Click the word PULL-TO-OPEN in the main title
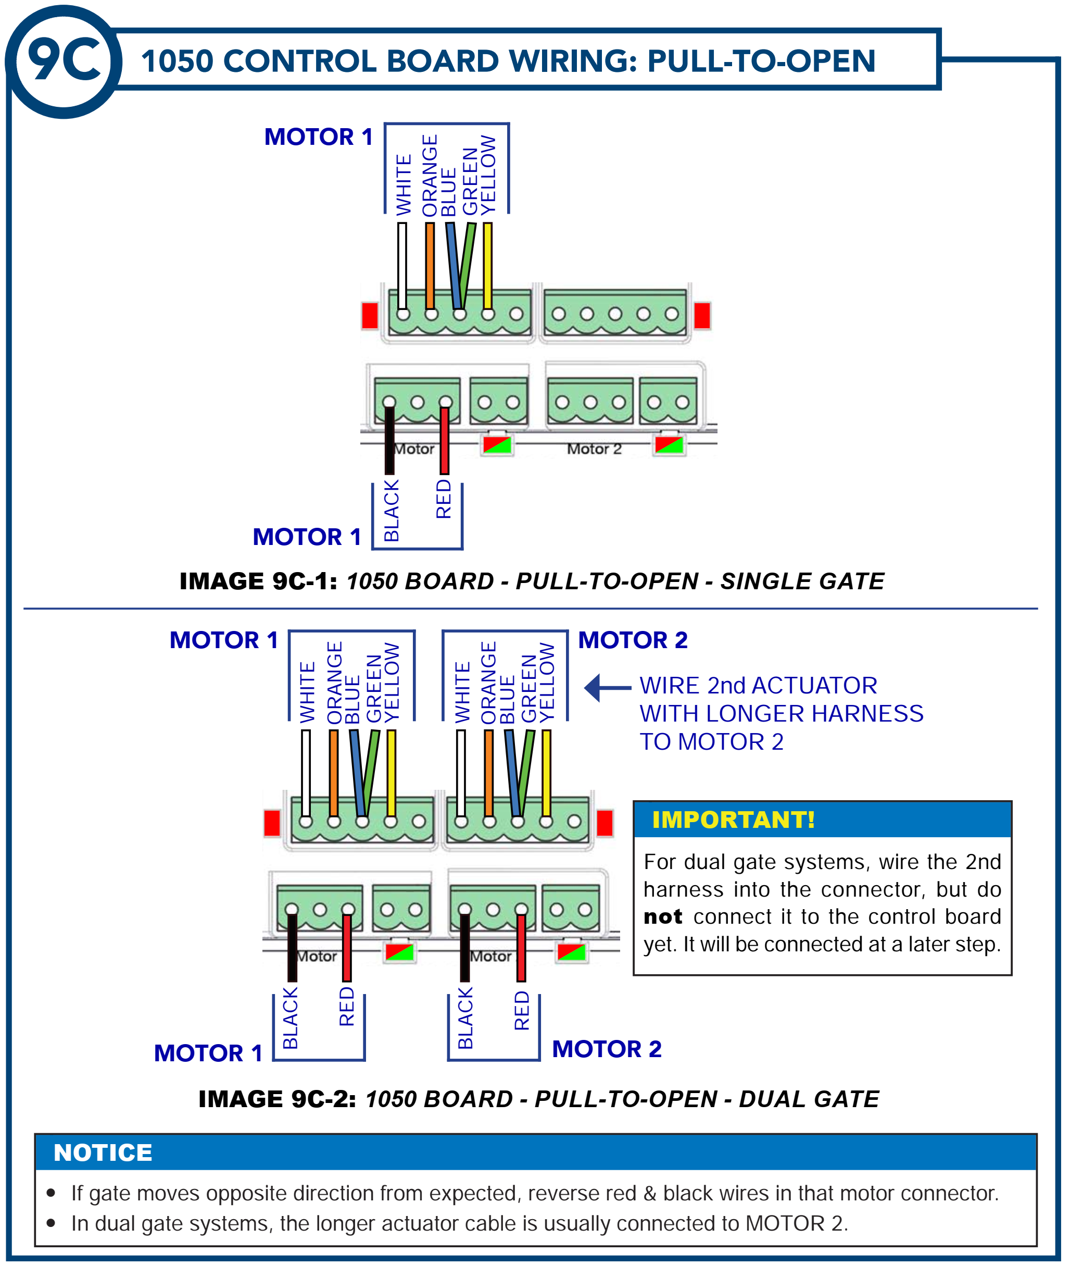pyautogui.click(x=761, y=61)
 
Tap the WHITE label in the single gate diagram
pyautogui.click(x=404, y=184)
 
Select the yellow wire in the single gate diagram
pyautogui.click(x=487, y=266)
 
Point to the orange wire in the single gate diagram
pyautogui.click(x=430, y=266)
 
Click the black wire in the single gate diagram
pyautogui.click(x=389, y=440)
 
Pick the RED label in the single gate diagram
pyautogui.click(x=444, y=499)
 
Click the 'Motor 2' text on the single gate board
pyautogui.click(x=594, y=449)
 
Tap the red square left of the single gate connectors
pyautogui.click(x=369, y=315)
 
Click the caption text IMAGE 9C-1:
pyautogui.click(x=258, y=581)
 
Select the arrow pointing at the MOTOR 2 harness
pyautogui.click(x=607, y=688)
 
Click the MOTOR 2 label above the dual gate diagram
pyautogui.click(x=633, y=640)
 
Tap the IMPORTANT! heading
pyautogui.click(x=733, y=820)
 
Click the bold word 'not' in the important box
pyautogui.click(x=662, y=916)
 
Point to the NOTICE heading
pyautogui.click(x=103, y=1152)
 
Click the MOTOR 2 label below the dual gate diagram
pyautogui.click(x=607, y=1048)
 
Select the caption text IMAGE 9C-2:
pyautogui.click(x=277, y=1099)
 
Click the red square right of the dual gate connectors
pyautogui.click(x=604, y=823)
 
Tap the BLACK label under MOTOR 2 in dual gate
pyautogui.click(x=464, y=1018)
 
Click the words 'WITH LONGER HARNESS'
pyautogui.click(x=781, y=713)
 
